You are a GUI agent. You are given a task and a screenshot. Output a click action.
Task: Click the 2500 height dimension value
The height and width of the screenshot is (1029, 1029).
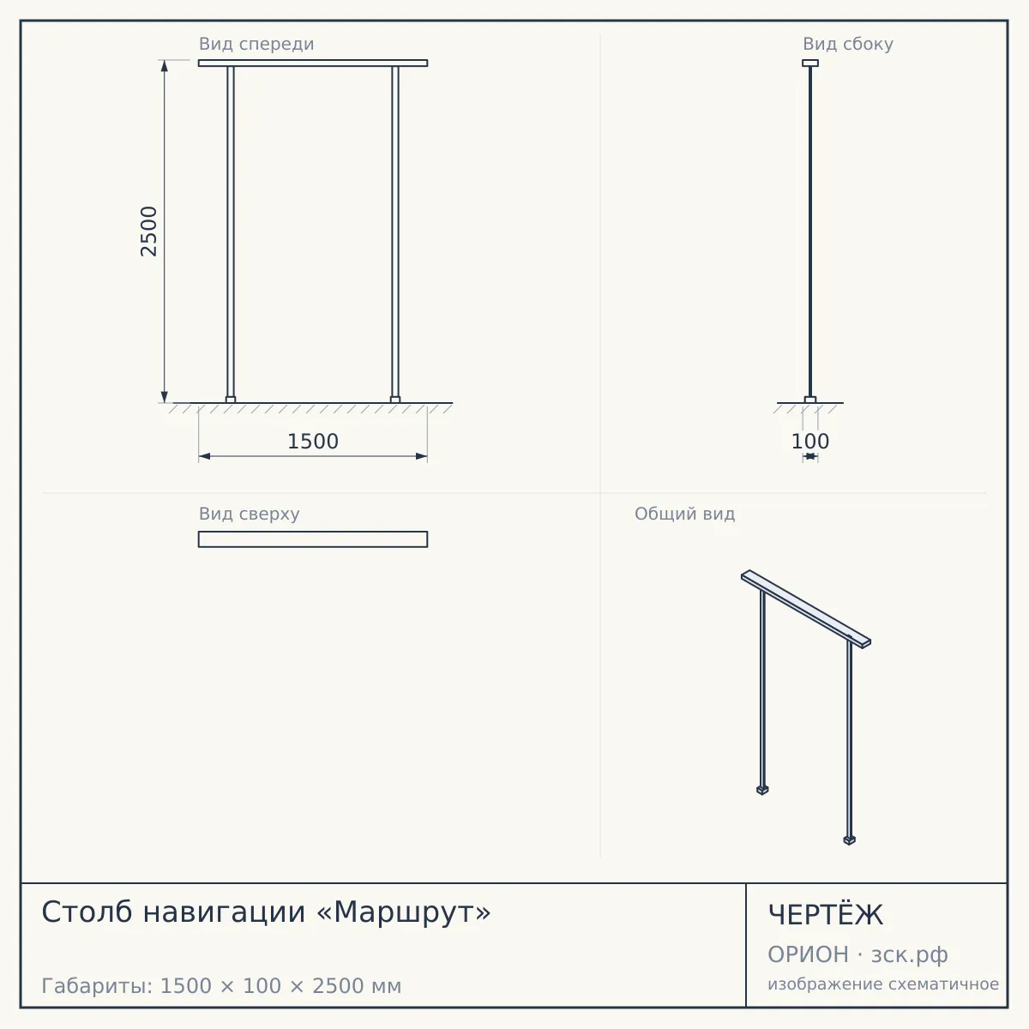click(x=149, y=232)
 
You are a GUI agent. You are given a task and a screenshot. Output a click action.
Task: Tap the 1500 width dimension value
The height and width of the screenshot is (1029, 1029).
click(x=313, y=442)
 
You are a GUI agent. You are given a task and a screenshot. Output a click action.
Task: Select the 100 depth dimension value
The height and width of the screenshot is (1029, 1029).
click(x=810, y=442)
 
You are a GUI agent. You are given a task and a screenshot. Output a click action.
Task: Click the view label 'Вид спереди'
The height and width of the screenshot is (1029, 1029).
click(x=256, y=44)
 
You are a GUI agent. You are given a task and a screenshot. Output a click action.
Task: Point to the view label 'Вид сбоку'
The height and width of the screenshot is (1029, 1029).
click(x=848, y=44)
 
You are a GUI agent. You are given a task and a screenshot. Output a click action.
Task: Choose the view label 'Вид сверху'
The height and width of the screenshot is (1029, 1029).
click(x=250, y=514)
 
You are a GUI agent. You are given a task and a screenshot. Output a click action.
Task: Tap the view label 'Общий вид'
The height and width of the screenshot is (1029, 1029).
click(x=684, y=514)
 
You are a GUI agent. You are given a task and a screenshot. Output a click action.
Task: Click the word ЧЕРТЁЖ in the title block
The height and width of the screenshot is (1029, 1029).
click(x=826, y=915)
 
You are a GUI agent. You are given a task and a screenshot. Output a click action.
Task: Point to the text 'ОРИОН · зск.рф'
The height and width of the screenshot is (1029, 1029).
click(x=857, y=954)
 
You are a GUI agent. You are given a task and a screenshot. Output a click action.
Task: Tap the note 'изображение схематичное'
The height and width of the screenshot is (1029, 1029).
click(x=883, y=984)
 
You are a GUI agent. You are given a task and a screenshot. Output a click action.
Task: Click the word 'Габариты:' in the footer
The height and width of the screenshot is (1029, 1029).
click(x=98, y=986)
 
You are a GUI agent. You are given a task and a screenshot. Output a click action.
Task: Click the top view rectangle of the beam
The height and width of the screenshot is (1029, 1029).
click(x=313, y=539)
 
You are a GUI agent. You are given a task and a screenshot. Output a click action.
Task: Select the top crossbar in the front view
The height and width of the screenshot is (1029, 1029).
click(x=313, y=63)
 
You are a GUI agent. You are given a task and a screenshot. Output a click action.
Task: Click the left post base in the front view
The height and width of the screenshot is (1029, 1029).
click(x=231, y=400)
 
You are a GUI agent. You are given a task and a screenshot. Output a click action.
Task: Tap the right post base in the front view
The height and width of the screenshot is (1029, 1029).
click(x=395, y=400)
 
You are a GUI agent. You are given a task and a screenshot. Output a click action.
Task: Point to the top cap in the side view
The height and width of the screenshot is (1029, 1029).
click(x=810, y=63)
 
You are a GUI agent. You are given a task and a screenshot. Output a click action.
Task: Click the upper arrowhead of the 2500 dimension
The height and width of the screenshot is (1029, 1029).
click(x=165, y=66)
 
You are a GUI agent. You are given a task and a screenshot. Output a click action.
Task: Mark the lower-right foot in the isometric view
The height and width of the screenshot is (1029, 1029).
click(x=850, y=840)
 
